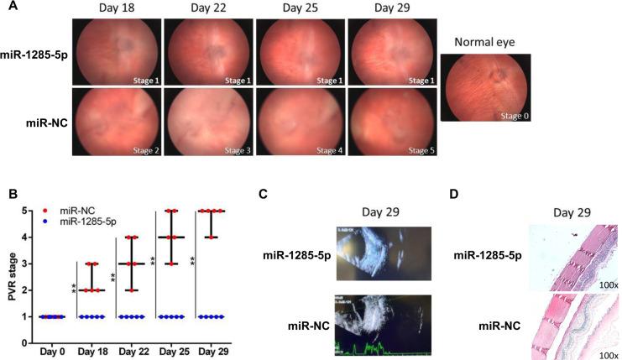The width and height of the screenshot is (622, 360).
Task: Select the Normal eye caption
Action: [x=484, y=42]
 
